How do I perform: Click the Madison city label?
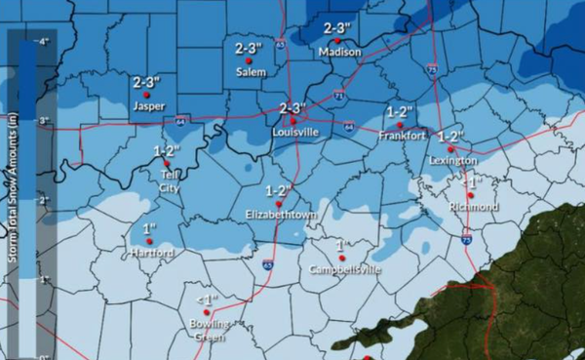click(339, 52)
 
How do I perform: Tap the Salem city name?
click(251, 71)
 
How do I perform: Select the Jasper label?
click(148, 106)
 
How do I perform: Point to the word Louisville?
click(296, 132)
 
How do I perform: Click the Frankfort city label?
click(402, 137)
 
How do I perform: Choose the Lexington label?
click(452, 160)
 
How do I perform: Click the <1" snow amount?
click(206, 299)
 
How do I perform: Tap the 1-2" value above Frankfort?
click(401, 111)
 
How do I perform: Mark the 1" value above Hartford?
click(150, 228)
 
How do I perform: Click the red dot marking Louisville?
click(293, 121)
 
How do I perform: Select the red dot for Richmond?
click(470, 195)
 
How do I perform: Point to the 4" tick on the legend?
click(44, 43)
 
